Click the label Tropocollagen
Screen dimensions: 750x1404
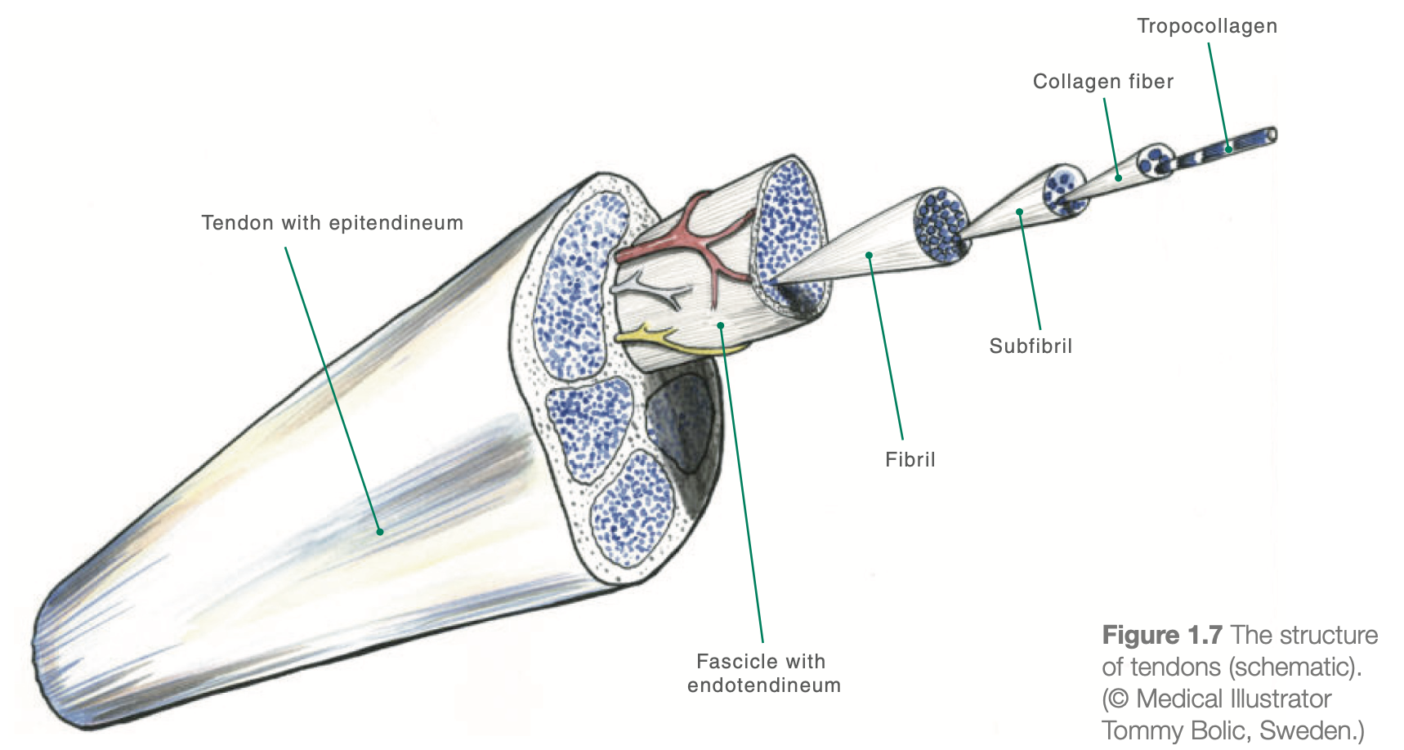(x=1206, y=26)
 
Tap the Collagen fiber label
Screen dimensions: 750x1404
(x=1102, y=82)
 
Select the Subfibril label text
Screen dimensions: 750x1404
(x=1030, y=346)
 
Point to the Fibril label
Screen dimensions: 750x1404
(x=910, y=460)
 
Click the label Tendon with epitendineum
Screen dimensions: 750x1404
(x=332, y=223)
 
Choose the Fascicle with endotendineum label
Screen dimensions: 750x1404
(x=763, y=673)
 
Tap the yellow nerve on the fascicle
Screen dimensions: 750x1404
(x=654, y=333)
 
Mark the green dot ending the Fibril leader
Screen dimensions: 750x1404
(x=869, y=256)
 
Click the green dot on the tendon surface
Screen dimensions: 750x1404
(x=380, y=532)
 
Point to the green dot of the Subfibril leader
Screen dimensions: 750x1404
(x=1019, y=212)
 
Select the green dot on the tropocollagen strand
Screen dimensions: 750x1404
(x=1228, y=150)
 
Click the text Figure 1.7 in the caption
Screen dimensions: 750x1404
(x=1161, y=636)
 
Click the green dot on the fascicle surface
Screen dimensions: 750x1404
(x=721, y=325)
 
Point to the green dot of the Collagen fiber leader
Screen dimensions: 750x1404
(x=1118, y=177)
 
